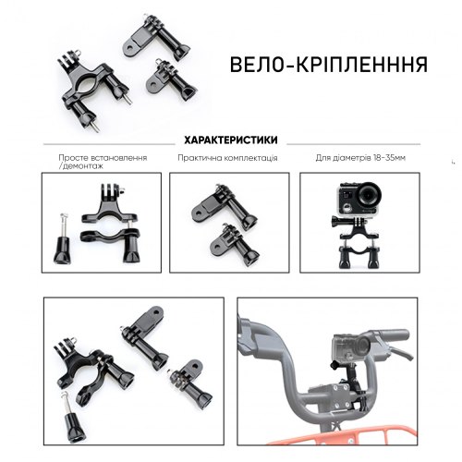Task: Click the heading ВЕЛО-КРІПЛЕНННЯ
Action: coord(329,65)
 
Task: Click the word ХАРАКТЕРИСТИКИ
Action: coord(231,140)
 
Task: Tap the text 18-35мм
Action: coord(389,158)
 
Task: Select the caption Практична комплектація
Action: coord(227,158)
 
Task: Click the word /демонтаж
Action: coord(80,166)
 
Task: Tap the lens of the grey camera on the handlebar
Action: coord(362,346)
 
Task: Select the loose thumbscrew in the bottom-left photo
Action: coord(73,417)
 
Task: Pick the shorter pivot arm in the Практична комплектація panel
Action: coord(236,245)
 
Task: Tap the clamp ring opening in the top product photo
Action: coord(89,85)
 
